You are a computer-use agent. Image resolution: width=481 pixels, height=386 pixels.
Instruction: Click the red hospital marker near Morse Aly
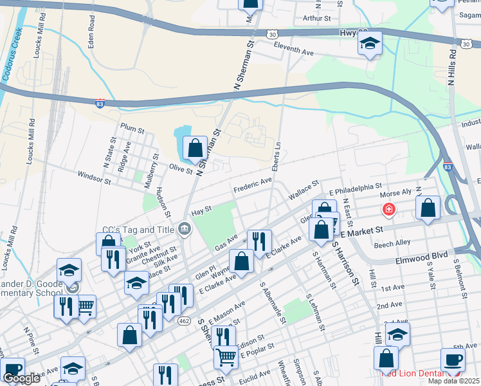pos(388,209)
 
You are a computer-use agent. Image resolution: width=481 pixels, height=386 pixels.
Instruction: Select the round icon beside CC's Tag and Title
pos(185,229)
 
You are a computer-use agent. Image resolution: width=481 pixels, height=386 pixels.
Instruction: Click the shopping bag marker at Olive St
pos(195,149)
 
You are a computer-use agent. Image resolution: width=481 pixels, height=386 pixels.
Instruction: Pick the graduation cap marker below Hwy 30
pos(370,44)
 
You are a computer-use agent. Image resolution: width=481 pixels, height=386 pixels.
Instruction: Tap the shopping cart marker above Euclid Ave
pos(226,355)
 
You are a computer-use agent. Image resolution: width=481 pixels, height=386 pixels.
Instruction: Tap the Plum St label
pos(131,129)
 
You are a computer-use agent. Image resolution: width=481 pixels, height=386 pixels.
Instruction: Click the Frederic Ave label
pos(252,186)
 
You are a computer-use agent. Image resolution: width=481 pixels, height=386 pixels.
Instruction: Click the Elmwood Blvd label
pos(420,255)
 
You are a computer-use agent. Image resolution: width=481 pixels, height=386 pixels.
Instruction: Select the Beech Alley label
pos(393,244)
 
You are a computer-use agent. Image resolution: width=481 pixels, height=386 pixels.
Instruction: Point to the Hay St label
pos(201,210)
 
